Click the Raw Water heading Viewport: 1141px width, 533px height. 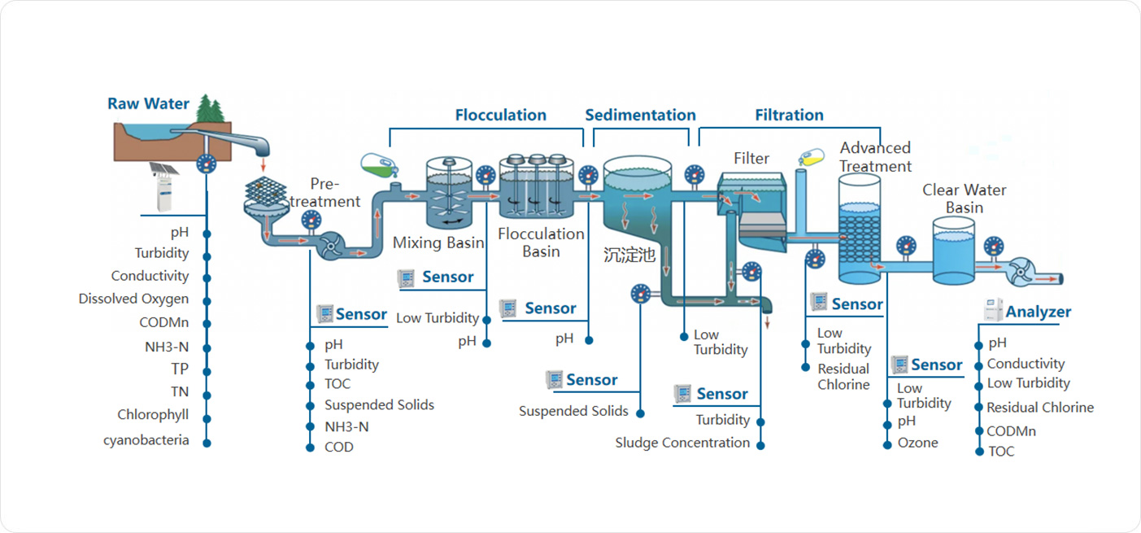pyautogui.click(x=148, y=104)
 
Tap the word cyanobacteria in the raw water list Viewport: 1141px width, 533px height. pyautogui.click(x=146, y=440)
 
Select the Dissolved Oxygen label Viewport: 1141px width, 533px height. pyautogui.click(x=133, y=299)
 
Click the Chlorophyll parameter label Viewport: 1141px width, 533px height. pyautogui.click(x=153, y=414)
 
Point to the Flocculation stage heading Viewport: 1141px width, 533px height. pyautogui.click(x=501, y=115)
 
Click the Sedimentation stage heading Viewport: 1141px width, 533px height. pyautogui.click(x=641, y=115)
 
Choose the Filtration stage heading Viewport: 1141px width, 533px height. pyautogui.click(x=789, y=115)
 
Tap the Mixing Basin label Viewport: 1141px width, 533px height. pyautogui.click(x=438, y=242)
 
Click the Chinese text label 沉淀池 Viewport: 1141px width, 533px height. pyautogui.click(x=629, y=255)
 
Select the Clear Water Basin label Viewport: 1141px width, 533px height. pyautogui.click(x=965, y=199)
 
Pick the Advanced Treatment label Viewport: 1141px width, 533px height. pyautogui.click(x=875, y=157)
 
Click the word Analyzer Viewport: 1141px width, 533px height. pyautogui.click(x=1039, y=312)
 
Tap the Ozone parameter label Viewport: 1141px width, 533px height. pyautogui.click(x=918, y=443)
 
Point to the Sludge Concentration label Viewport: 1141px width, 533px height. pyautogui.click(x=682, y=443)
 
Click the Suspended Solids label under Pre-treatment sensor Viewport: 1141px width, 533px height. pyautogui.click(x=380, y=404)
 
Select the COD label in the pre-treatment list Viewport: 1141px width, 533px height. pyautogui.click(x=339, y=447)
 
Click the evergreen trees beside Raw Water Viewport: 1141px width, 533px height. pyautogui.click(x=210, y=109)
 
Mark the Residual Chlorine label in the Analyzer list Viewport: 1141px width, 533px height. pyautogui.click(x=1040, y=408)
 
